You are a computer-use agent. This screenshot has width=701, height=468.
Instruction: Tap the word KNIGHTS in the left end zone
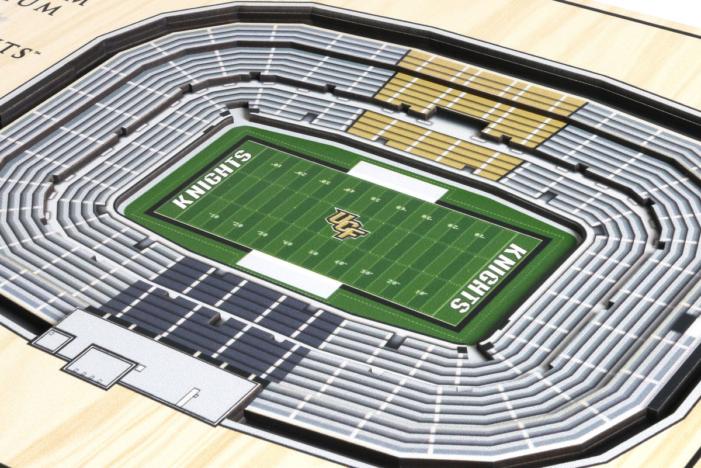[213, 179]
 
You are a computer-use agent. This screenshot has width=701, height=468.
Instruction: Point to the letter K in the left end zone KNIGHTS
[182, 202]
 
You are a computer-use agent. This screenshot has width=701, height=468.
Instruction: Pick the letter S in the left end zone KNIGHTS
[244, 156]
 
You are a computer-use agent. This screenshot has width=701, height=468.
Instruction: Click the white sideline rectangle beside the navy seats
[290, 273]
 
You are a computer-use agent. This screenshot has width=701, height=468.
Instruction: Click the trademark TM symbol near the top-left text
[37, 53]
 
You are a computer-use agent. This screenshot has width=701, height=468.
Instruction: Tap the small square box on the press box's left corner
[53, 339]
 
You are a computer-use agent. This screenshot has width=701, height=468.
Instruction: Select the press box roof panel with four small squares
[99, 366]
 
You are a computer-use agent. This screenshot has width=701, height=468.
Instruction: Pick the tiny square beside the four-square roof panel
[140, 368]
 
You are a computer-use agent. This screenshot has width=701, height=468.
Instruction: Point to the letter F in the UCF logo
[356, 230]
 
